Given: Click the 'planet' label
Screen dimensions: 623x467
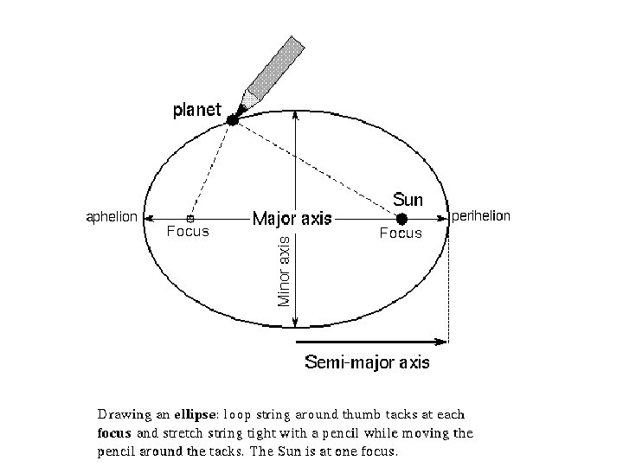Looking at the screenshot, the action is [197, 110].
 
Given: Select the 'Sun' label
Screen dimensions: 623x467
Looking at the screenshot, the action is [408, 200].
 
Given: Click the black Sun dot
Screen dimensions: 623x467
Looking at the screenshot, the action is [401, 219].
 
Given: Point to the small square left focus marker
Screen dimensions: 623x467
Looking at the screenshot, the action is [190, 219].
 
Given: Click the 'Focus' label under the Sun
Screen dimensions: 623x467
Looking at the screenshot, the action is [401, 233].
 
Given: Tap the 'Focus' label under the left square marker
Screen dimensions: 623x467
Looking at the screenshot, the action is [187, 232].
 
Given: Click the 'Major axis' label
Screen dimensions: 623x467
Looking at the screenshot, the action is [292, 219].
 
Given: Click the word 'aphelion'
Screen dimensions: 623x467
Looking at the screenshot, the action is [110, 217].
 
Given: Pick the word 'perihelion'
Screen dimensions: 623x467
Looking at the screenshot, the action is [482, 216].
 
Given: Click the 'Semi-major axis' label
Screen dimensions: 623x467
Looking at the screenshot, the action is [367, 362].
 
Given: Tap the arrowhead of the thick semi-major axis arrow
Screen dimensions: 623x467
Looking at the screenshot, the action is [443, 342].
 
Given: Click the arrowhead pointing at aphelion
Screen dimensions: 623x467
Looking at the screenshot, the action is [148, 219].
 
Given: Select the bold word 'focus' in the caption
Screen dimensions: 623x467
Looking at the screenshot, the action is [113, 432].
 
